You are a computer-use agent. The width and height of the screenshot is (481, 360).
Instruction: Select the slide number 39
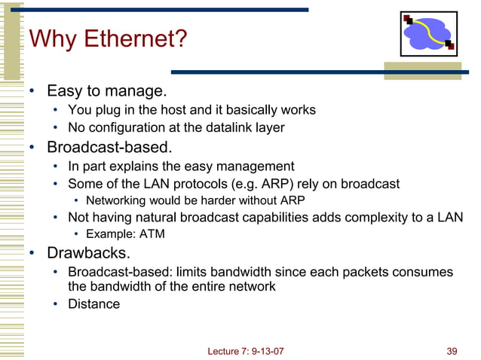pos(452,349)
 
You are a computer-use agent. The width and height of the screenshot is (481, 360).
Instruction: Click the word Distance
pos(93,304)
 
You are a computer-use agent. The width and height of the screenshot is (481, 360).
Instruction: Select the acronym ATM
pos(150,234)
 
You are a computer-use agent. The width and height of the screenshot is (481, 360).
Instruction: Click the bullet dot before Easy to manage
pos(32,93)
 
